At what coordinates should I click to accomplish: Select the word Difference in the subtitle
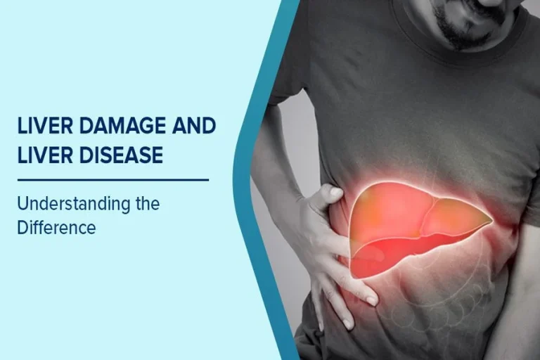pyautogui.click(x=56, y=229)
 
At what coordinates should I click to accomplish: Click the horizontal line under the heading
pyautogui.click(x=112, y=179)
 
